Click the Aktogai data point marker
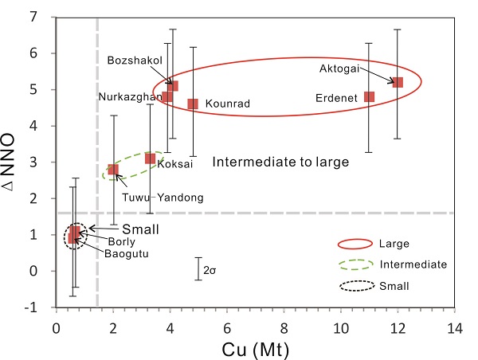pyautogui.click(x=398, y=82)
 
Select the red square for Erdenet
pyautogui.click(x=369, y=96)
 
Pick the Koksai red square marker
pyautogui.click(x=150, y=158)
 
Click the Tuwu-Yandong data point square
pyautogui.click(x=113, y=169)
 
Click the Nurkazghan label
pyautogui.click(x=130, y=97)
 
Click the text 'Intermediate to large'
pyautogui.click(x=280, y=162)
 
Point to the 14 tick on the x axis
pyautogui.click(x=455, y=327)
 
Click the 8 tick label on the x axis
pyautogui.click(x=284, y=327)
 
